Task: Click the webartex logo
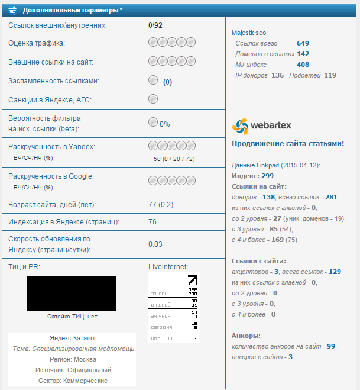click(x=261, y=125)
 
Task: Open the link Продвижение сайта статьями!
click(x=288, y=144)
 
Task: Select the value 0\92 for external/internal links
click(x=155, y=25)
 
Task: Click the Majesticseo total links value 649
click(x=303, y=43)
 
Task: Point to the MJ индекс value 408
click(x=303, y=65)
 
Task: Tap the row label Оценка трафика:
click(x=37, y=43)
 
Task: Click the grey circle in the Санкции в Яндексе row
click(x=153, y=98)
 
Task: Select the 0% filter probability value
click(x=164, y=124)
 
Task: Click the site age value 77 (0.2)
click(x=161, y=205)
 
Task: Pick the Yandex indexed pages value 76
click(x=153, y=222)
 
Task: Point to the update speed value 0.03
click(x=155, y=244)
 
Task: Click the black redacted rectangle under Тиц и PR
click(x=72, y=294)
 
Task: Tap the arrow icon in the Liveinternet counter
click(x=193, y=280)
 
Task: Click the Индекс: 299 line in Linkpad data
click(x=252, y=176)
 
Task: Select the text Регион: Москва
click(x=72, y=359)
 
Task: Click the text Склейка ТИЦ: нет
click(x=72, y=317)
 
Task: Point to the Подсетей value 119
click(x=330, y=75)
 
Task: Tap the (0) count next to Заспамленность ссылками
click(x=167, y=82)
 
